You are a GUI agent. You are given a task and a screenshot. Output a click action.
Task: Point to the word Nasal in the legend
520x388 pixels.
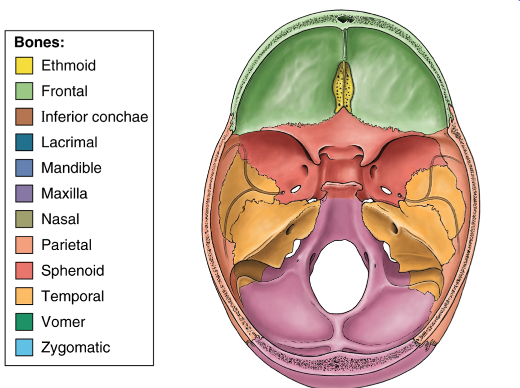[x=60, y=219]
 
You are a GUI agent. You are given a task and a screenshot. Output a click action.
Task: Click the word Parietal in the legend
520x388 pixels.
[x=66, y=245]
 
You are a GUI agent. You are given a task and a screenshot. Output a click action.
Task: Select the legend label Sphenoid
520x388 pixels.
[x=73, y=271]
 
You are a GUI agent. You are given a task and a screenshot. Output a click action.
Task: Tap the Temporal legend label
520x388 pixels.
[x=73, y=296]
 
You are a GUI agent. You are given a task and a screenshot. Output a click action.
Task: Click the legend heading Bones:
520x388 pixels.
[x=40, y=42]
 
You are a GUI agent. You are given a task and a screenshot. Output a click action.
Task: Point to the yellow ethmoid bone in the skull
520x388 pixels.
[x=343, y=88]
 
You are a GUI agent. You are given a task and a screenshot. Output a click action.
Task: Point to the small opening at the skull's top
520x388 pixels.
[x=343, y=20]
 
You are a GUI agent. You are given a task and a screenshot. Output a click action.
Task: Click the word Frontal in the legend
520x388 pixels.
[x=64, y=91]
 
